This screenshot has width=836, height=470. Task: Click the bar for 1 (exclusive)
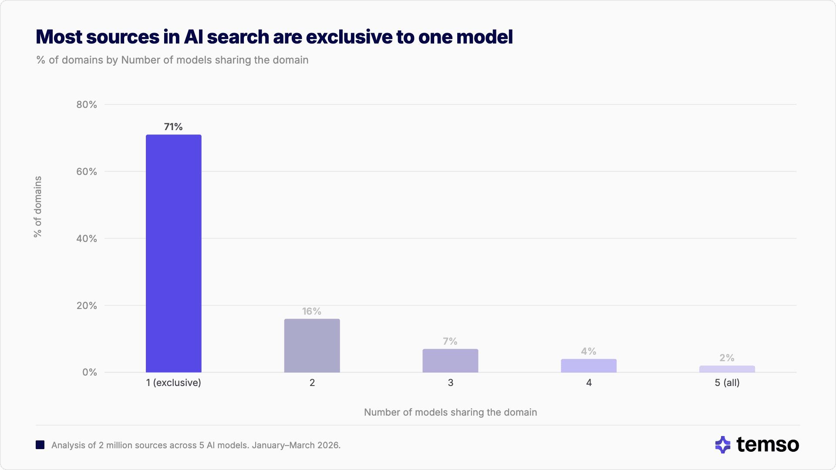173,253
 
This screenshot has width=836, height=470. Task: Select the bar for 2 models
312,346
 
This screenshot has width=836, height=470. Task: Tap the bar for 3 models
450,360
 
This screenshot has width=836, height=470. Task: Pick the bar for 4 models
589,366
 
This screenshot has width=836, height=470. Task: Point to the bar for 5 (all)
727,369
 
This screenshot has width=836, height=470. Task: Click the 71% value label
173,127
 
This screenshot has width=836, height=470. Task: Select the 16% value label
312,311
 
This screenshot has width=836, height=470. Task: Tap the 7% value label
450,341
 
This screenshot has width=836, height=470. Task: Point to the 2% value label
727,358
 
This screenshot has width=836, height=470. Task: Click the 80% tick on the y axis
87,104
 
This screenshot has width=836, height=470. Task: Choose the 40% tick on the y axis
87,238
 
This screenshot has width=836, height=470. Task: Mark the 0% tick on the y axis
90,372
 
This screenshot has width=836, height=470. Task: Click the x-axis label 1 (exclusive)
173,383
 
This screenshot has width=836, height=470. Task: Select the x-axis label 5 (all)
727,383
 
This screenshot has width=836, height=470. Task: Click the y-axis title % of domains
38,207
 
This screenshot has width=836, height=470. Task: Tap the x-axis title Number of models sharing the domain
450,412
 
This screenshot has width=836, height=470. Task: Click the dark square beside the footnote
40,445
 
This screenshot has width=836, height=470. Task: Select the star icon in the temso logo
723,445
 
